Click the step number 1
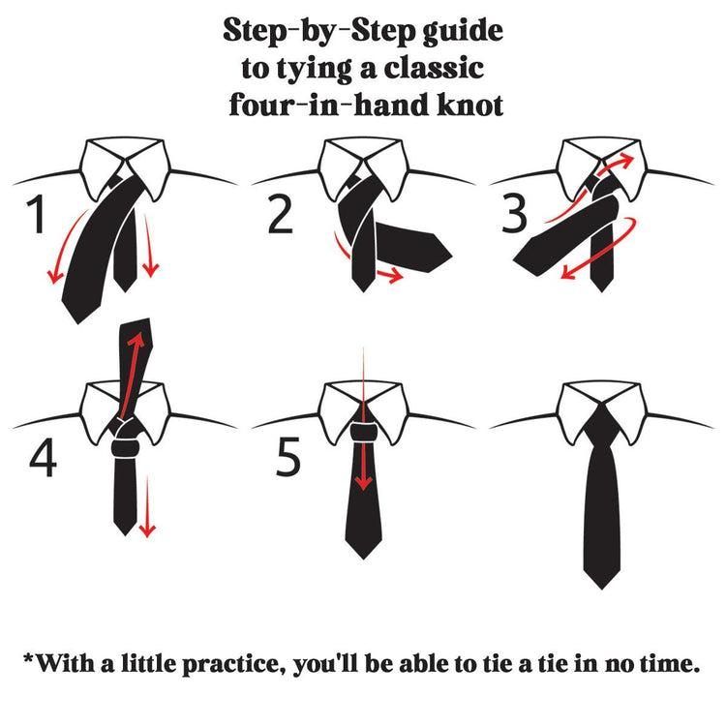click(38, 216)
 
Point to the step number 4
click(43, 461)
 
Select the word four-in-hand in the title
click(320, 104)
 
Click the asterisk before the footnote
click(29, 660)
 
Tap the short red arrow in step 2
click(387, 278)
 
